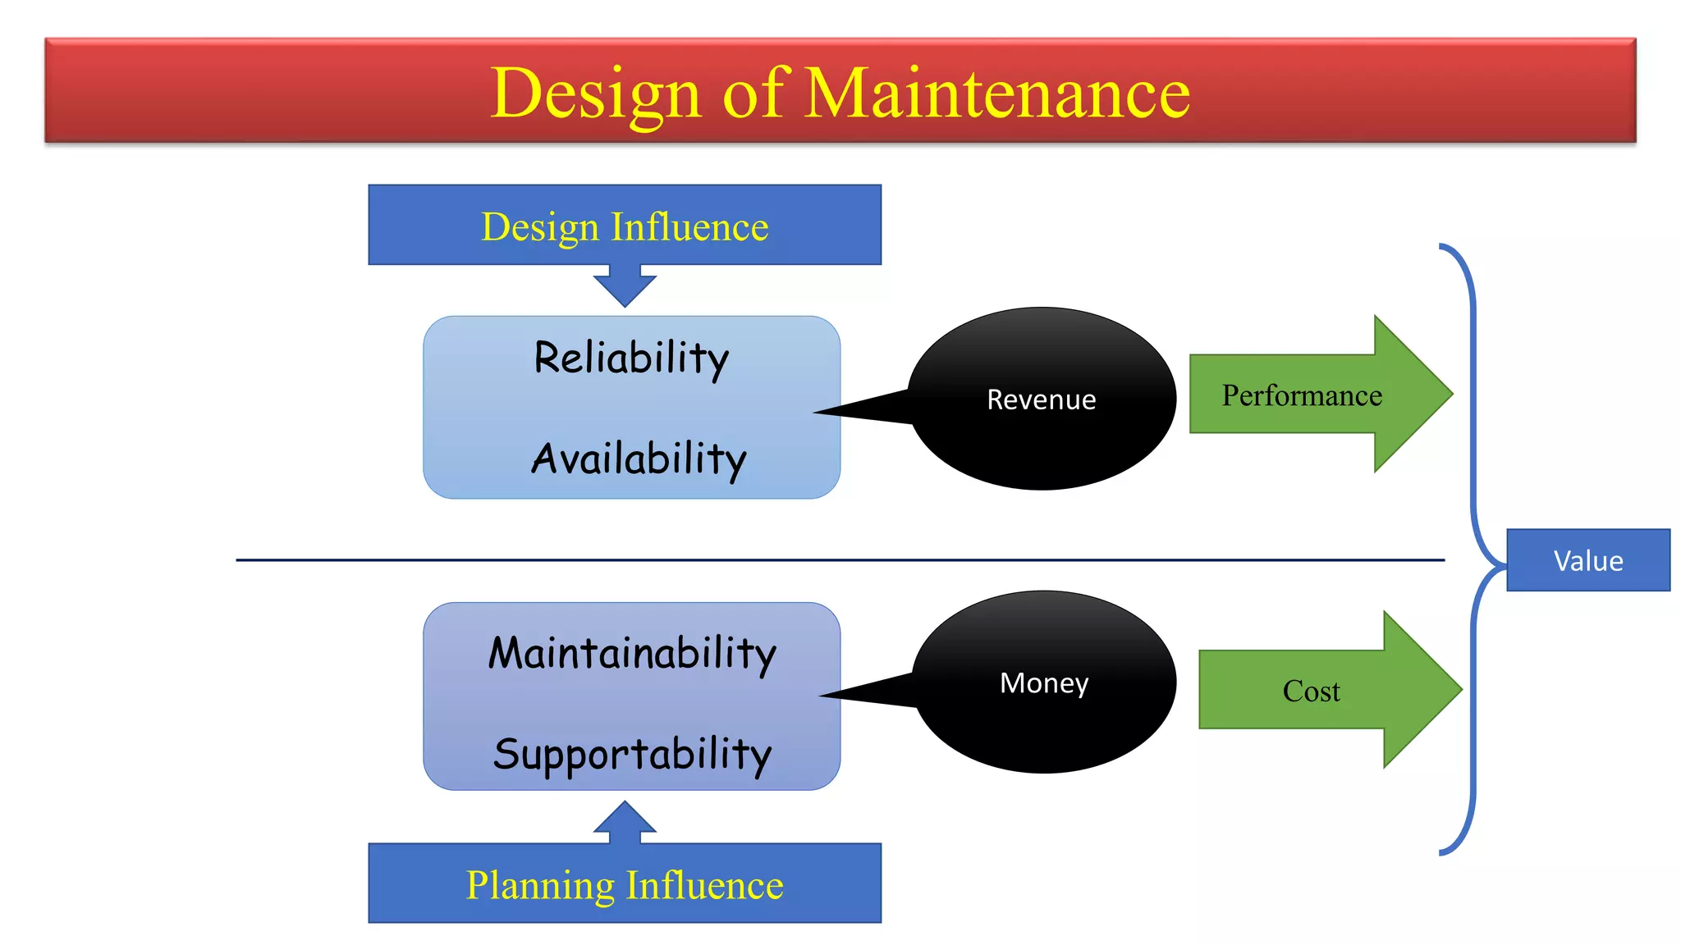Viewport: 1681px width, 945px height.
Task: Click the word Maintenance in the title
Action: tap(997, 93)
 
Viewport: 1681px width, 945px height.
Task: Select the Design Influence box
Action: tap(625, 226)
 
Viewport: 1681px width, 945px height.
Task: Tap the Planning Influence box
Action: tap(625, 884)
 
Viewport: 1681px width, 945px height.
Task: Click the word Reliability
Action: tap(631, 358)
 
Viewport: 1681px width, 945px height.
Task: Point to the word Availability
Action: tap(639, 459)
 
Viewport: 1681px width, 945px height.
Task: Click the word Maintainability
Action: tap(632, 654)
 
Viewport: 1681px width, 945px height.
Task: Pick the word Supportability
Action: tap(632, 754)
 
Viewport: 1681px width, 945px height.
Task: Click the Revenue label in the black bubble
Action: tap(1041, 399)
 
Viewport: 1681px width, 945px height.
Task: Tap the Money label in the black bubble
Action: tap(1043, 682)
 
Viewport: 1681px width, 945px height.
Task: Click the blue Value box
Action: tap(1587, 560)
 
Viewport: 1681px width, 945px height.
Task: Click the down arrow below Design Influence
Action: tap(625, 287)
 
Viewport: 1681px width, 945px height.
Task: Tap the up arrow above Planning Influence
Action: tap(625, 820)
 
